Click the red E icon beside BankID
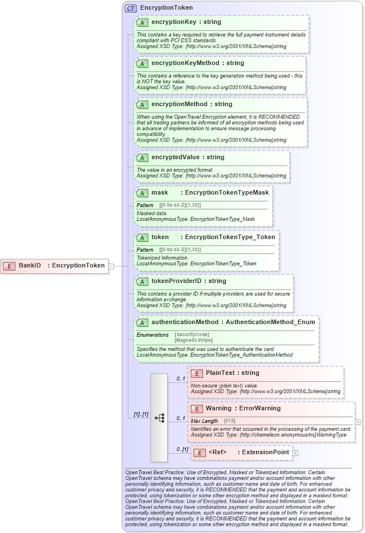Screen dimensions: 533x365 (10, 265)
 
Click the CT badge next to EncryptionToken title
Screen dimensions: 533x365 (131, 8)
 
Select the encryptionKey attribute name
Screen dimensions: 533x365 (170, 22)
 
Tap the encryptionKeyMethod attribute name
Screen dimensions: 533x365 (181, 63)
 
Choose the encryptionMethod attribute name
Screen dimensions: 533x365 (176, 104)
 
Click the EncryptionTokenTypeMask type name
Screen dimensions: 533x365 (227, 192)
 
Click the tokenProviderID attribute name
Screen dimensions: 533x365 (173, 281)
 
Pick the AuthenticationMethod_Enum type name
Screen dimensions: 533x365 (270, 322)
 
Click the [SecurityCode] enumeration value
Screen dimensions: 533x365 (192, 334)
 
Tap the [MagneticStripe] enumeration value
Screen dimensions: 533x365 (193, 340)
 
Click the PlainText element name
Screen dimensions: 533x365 (220, 373)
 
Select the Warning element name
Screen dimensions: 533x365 (218, 409)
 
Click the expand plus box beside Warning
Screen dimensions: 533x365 (358, 422)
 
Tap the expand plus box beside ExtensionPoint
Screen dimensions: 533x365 (295, 453)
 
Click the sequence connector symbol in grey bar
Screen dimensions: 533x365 (159, 418)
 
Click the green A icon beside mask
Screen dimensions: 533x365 (143, 193)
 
